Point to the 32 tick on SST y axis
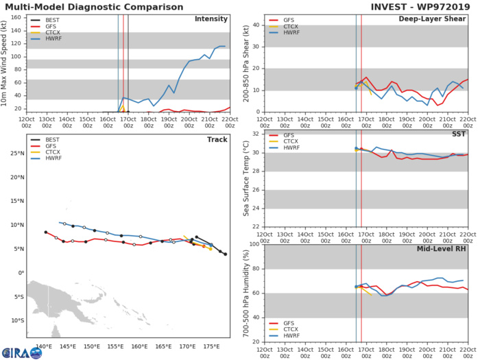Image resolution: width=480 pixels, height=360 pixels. pos(254,133)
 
